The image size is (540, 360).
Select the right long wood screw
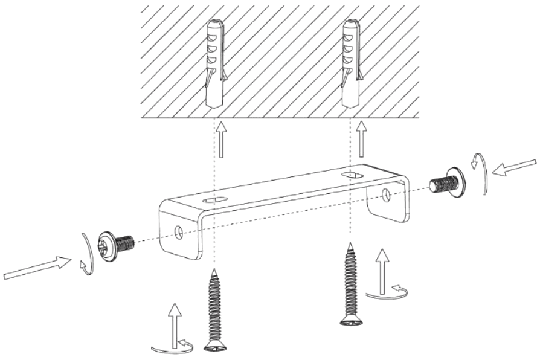click(350, 284)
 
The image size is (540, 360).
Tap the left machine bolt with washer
click(117, 244)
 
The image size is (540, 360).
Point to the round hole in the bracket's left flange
click(179, 231)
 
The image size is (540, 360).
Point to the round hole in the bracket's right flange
click(385, 194)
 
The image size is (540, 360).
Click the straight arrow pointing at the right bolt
click(513, 167)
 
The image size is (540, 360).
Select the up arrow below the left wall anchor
click(222, 139)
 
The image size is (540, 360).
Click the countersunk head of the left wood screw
click(214, 346)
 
